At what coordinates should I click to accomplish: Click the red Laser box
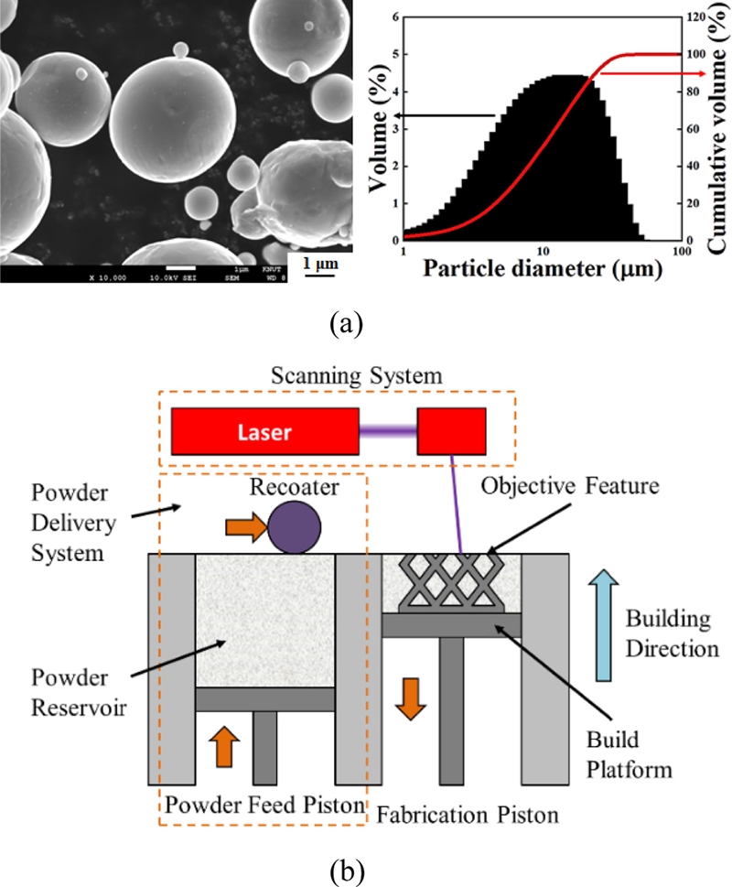pos(264,432)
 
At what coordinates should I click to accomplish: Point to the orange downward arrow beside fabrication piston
pos(411,697)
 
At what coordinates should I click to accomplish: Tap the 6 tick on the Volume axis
pos(394,16)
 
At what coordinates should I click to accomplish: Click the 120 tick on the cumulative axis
pos(694,16)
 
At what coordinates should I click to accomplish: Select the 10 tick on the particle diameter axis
pos(542,250)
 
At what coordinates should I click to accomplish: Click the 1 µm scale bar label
pos(316,264)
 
